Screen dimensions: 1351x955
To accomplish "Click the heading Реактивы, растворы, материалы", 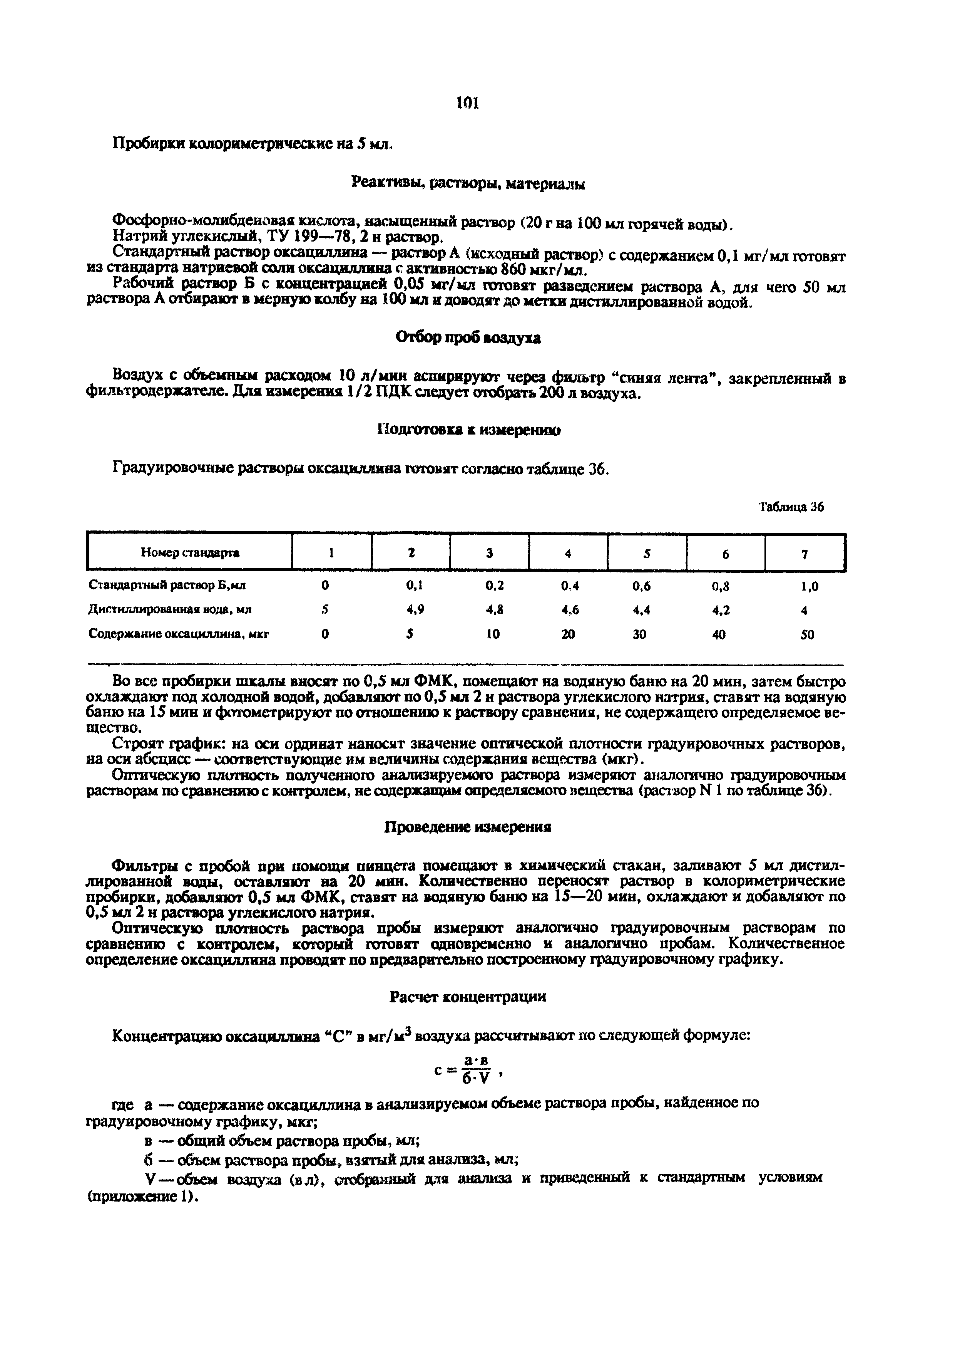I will coord(468,184).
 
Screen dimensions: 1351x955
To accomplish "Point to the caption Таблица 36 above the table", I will coord(791,507).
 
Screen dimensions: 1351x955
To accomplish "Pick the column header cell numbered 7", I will coord(805,553).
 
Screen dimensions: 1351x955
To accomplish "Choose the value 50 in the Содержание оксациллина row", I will coord(807,635).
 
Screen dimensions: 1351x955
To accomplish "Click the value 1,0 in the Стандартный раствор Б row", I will coord(809,586).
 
